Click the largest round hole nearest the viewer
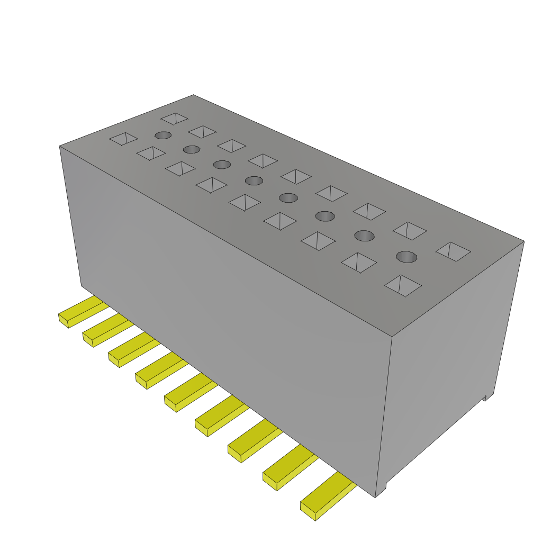coord(406,257)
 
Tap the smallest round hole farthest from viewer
coord(163,135)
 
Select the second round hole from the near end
coord(364,235)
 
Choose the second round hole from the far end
coord(192,149)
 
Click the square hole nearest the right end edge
coord(453,251)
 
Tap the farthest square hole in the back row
coord(175,118)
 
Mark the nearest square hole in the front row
coord(403,285)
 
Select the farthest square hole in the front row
coord(123,139)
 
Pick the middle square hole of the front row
coord(245,202)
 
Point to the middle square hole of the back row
coord(296,176)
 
